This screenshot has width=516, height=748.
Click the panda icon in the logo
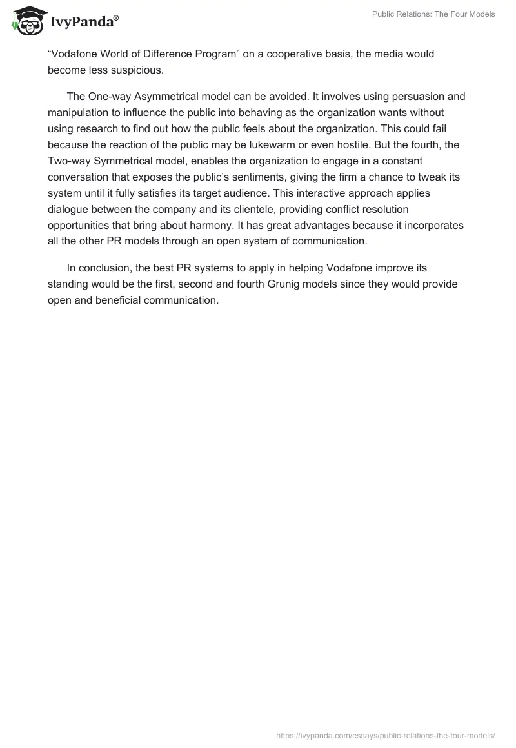point(26,21)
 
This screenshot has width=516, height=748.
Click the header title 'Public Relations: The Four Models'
point(433,14)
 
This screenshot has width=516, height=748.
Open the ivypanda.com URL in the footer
point(386,734)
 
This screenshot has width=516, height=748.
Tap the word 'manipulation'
point(77,113)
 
